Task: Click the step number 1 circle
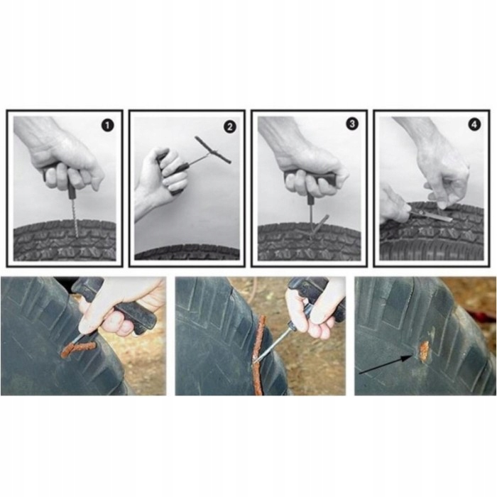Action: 107,126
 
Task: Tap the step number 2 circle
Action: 230,127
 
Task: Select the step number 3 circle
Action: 352,124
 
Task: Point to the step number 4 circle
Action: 474,124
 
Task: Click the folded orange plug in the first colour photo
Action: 77,349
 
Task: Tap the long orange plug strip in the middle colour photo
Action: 259,355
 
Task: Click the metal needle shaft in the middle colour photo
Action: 275,343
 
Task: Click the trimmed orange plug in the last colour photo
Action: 423,351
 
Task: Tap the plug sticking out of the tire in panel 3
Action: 319,226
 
